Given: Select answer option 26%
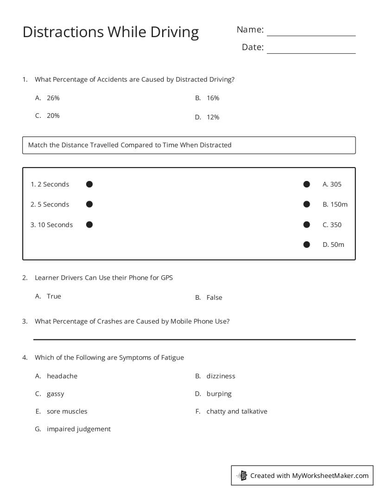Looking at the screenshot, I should tap(53, 98).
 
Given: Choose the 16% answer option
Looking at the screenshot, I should tap(213, 98).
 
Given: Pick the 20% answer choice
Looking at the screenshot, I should tap(53, 116).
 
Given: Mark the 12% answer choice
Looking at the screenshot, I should tap(213, 117).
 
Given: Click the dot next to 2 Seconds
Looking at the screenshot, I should tap(89, 184).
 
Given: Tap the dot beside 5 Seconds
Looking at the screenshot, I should tap(89, 204).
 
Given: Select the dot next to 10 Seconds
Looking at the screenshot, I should tap(89, 225).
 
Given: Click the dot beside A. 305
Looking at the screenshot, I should tap(306, 184).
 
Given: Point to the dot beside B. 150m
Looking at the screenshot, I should tap(306, 204).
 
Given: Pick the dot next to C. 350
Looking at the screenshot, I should tap(306, 225).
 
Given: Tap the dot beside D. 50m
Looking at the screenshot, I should tap(306, 245).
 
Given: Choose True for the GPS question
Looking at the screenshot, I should tap(54, 296).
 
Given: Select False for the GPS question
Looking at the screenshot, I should tap(214, 297).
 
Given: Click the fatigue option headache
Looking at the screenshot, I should tap(62, 376).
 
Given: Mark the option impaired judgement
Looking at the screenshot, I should tap(78, 429).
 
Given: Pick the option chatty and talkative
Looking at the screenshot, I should tap(236, 411).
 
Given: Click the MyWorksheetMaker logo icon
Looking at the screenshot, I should tap(242, 475).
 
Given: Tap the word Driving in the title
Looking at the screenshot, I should tap(171, 32).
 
